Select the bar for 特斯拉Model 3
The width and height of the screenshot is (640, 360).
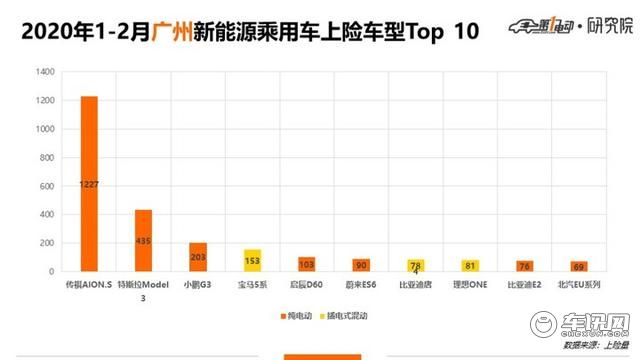point(143,240)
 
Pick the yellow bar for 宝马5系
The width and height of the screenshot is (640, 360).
point(252,260)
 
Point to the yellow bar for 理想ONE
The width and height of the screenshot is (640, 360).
point(469,265)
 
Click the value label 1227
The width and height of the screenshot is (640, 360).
point(89,185)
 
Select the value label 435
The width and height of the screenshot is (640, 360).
point(143,241)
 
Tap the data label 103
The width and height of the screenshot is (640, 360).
point(306,265)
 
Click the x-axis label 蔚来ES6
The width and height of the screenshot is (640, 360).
point(361,285)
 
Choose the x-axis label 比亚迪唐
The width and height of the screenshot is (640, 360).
point(415,285)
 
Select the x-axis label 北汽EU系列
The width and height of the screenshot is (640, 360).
point(578,285)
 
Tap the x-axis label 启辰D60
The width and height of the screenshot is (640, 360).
point(306,285)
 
